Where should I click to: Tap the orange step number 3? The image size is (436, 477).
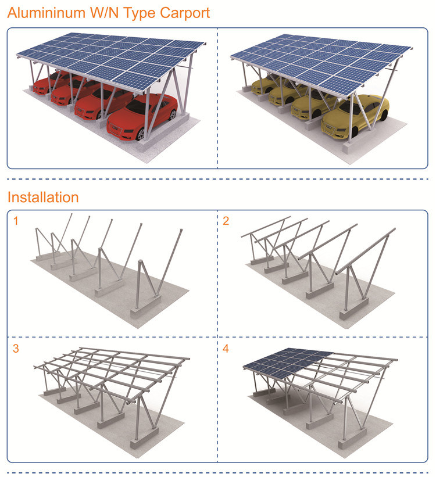pos(16,349)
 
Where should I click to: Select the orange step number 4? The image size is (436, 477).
pos(226,349)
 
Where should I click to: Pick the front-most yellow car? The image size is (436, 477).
pos(355,116)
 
